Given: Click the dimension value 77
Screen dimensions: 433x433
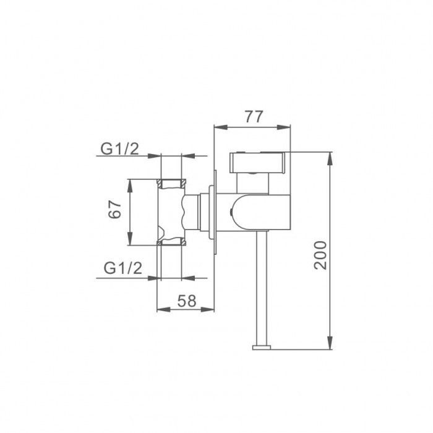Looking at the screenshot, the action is pyautogui.click(x=254, y=116).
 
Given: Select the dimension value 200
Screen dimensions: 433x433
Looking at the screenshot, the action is pyautogui.click(x=320, y=255).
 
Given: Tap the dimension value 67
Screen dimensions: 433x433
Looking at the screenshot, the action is pyautogui.click(x=114, y=209).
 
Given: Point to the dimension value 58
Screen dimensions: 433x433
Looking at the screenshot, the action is pyautogui.click(x=187, y=301).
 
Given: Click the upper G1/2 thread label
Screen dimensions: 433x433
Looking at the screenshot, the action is pyautogui.click(x=119, y=149).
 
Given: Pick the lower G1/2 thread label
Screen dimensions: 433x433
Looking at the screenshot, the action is pyautogui.click(x=123, y=268).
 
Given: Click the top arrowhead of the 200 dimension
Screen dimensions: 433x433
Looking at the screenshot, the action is pyautogui.click(x=330, y=158).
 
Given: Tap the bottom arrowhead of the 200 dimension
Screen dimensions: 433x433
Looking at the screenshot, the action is pyautogui.click(x=330, y=343).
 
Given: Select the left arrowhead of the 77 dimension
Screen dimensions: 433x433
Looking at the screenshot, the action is pyautogui.click(x=221, y=127).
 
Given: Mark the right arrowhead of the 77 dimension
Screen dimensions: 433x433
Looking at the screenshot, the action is pyautogui.click(x=284, y=127).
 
